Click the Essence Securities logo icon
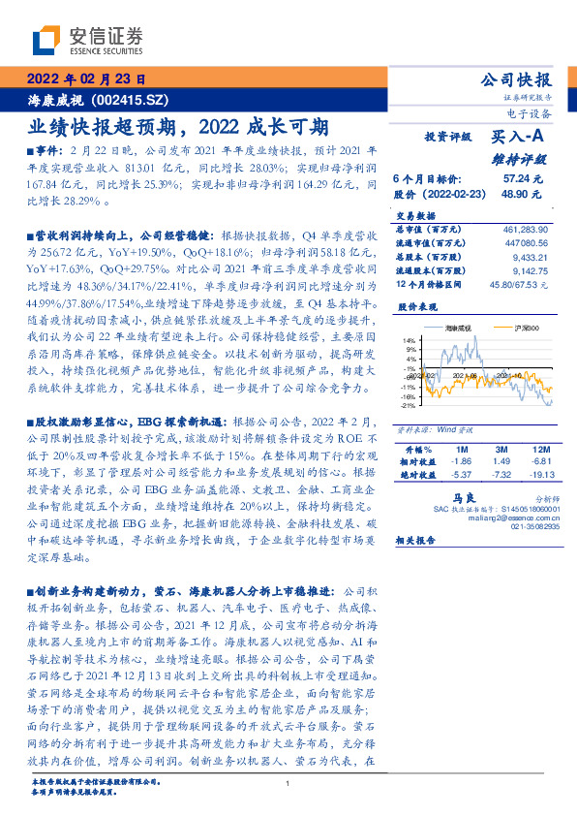pos(47,41)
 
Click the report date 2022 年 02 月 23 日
pos(84,79)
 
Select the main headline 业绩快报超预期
pos(107,127)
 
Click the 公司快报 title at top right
pos(516,79)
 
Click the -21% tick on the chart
pos(410,405)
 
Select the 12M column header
pos(538,451)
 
